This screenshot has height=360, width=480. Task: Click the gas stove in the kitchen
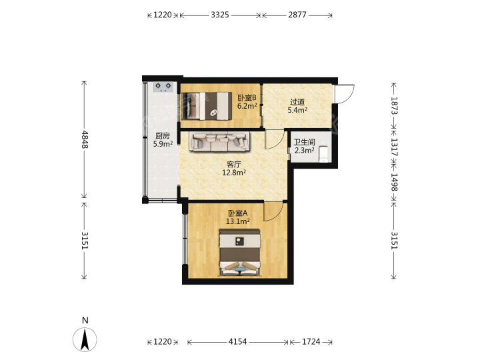click(163, 87)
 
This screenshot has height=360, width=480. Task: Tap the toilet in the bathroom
click(323, 154)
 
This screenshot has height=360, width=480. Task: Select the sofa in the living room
click(219, 141)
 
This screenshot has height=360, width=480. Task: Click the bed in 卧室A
click(240, 253)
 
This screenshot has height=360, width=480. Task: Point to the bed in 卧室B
click(207, 106)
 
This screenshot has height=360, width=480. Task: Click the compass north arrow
click(85, 339)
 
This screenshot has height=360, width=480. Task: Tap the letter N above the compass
click(85, 321)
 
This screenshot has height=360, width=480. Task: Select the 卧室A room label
click(238, 213)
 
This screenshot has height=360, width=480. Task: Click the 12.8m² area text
click(234, 173)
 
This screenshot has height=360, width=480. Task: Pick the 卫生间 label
click(304, 142)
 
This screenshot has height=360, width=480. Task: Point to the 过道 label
click(297, 101)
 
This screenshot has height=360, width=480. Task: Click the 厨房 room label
click(163, 135)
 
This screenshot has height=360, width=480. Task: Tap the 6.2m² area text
click(247, 106)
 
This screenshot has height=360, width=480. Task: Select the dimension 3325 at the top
click(220, 15)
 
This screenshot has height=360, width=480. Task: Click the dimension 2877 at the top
click(297, 15)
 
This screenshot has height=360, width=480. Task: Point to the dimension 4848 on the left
click(85, 139)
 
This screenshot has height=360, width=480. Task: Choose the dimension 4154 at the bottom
click(237, 341)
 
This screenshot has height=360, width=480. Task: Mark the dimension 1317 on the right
click(394, 147)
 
